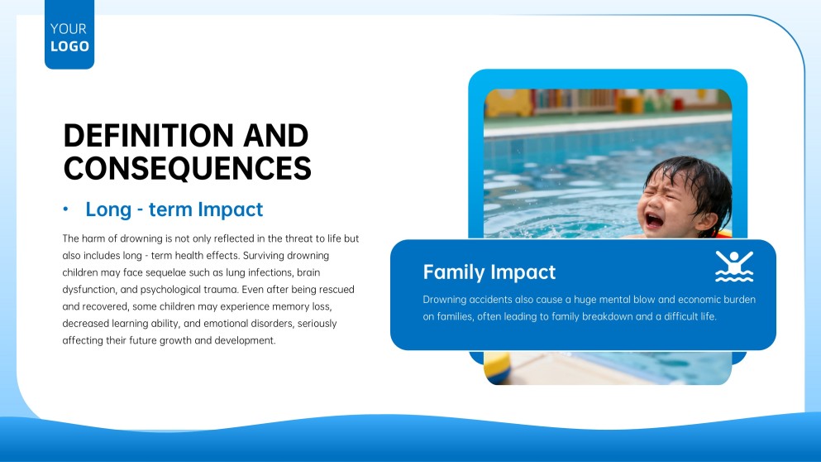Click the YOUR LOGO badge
click(69, 37)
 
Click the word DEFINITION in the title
click(137, 136)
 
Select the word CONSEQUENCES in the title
click(187, 168)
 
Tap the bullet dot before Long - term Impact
click(65, 210)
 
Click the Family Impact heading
click(489, 272)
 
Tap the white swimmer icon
click(733, 267)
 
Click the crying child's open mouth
click(654, 219)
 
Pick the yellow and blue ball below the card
click(497, 368)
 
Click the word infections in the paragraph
click(265, 272)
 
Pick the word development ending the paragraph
click(246, 340)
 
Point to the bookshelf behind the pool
click(579, 101)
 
